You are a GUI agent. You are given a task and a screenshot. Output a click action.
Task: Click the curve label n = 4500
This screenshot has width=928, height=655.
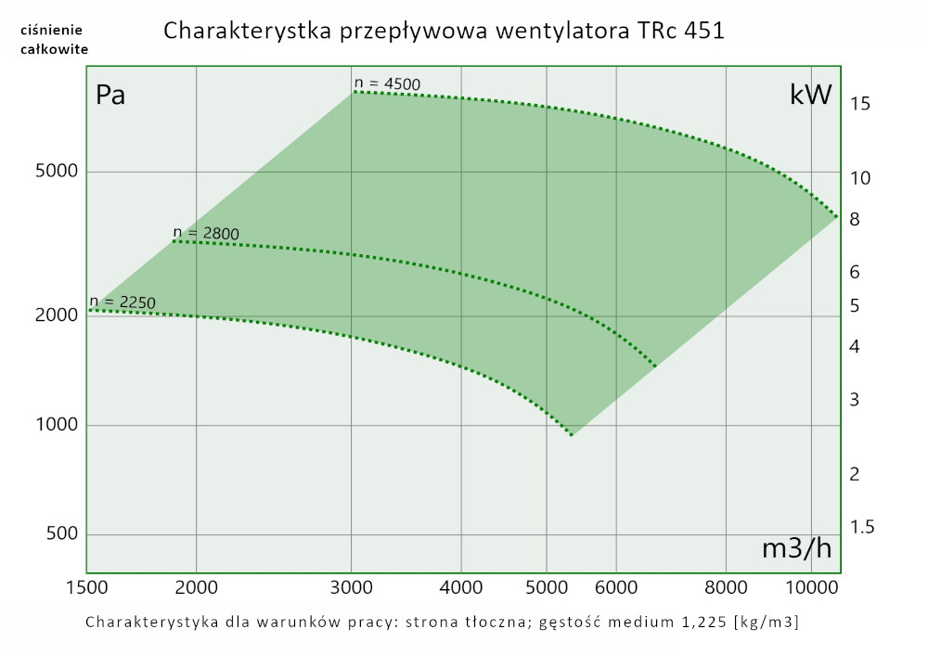387,84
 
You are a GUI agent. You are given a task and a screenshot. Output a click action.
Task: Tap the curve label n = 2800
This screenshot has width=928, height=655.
206,233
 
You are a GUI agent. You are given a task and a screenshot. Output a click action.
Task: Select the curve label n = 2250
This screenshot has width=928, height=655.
122,302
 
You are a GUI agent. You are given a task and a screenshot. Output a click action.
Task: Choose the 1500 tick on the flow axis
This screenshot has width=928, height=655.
87,586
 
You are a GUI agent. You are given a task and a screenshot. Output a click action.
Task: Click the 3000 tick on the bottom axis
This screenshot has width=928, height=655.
352,586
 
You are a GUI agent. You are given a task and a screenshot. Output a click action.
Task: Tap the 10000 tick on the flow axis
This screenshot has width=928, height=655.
812,586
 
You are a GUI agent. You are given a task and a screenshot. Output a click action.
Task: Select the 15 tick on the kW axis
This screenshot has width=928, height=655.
859,104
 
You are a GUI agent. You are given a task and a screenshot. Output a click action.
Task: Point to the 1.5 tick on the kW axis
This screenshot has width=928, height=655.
862,527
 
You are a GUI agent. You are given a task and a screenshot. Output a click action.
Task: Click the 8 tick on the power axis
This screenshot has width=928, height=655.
855,220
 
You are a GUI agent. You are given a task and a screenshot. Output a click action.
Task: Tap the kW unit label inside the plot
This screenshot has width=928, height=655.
810,95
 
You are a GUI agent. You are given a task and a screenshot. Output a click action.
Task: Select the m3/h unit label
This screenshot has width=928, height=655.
796,548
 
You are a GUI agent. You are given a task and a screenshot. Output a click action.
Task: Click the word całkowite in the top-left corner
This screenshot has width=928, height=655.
54,49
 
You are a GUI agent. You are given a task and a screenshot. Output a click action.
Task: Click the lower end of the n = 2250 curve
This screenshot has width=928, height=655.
571,434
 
